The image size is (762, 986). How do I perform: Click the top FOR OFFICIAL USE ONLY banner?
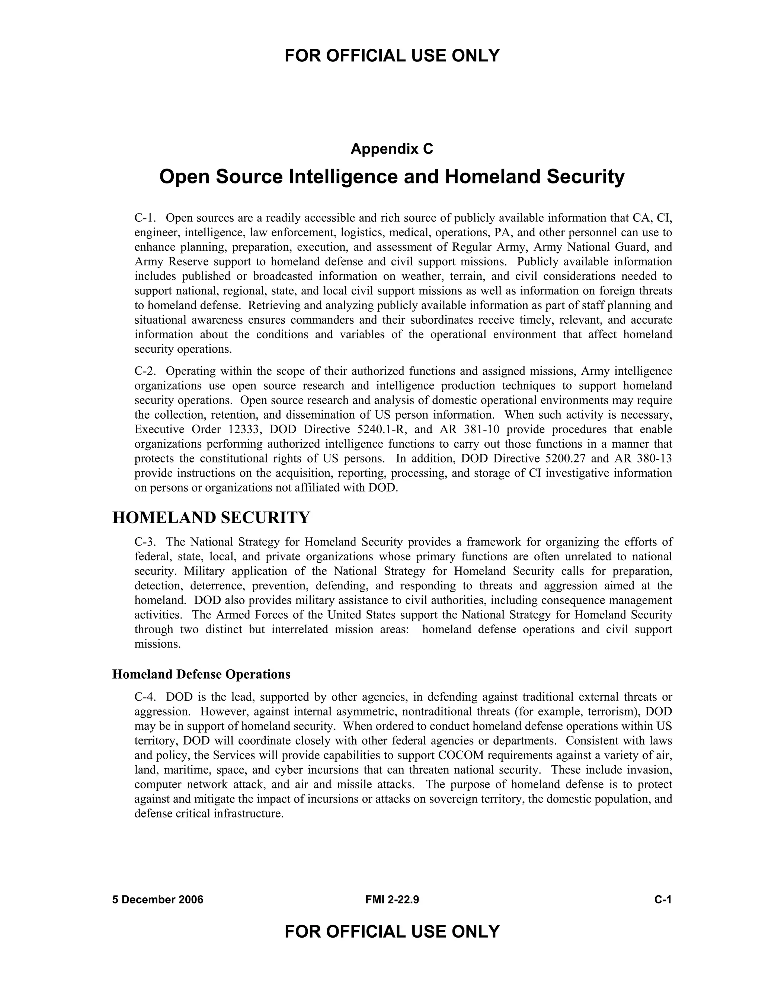click(392, 55)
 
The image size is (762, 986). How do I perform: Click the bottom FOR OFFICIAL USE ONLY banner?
click(392, 931)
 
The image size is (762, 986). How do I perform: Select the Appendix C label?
click(392, 148)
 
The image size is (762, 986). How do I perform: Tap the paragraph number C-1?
click(145, 218)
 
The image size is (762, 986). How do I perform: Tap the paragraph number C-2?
click(145, 371)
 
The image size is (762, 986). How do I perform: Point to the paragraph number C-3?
click(145, 542)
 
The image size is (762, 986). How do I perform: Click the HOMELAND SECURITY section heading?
click(211, 518)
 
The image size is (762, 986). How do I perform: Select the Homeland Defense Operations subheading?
click(201, 674)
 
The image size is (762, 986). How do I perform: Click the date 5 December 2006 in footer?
click(157, 900)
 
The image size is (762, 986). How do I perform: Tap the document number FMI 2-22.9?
click(392, 900)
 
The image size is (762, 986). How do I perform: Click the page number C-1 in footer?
click(663, 900)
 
